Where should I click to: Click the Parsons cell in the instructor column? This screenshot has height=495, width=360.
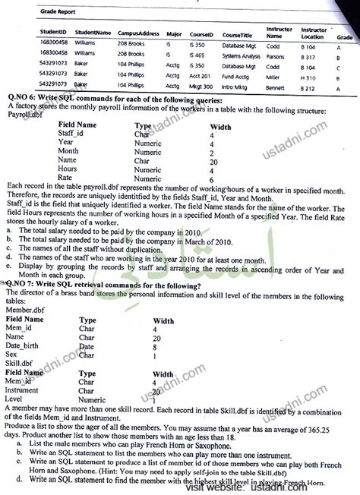(276, 55)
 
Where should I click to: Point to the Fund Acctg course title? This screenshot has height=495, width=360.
(238, 77)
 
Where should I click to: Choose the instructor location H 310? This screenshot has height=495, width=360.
(308, 77)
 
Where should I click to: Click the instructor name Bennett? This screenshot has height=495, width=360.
(276, 88)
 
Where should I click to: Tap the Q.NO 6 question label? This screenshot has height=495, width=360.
(20, 100)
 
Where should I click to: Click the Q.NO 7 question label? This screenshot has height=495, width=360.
(20, 285)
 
